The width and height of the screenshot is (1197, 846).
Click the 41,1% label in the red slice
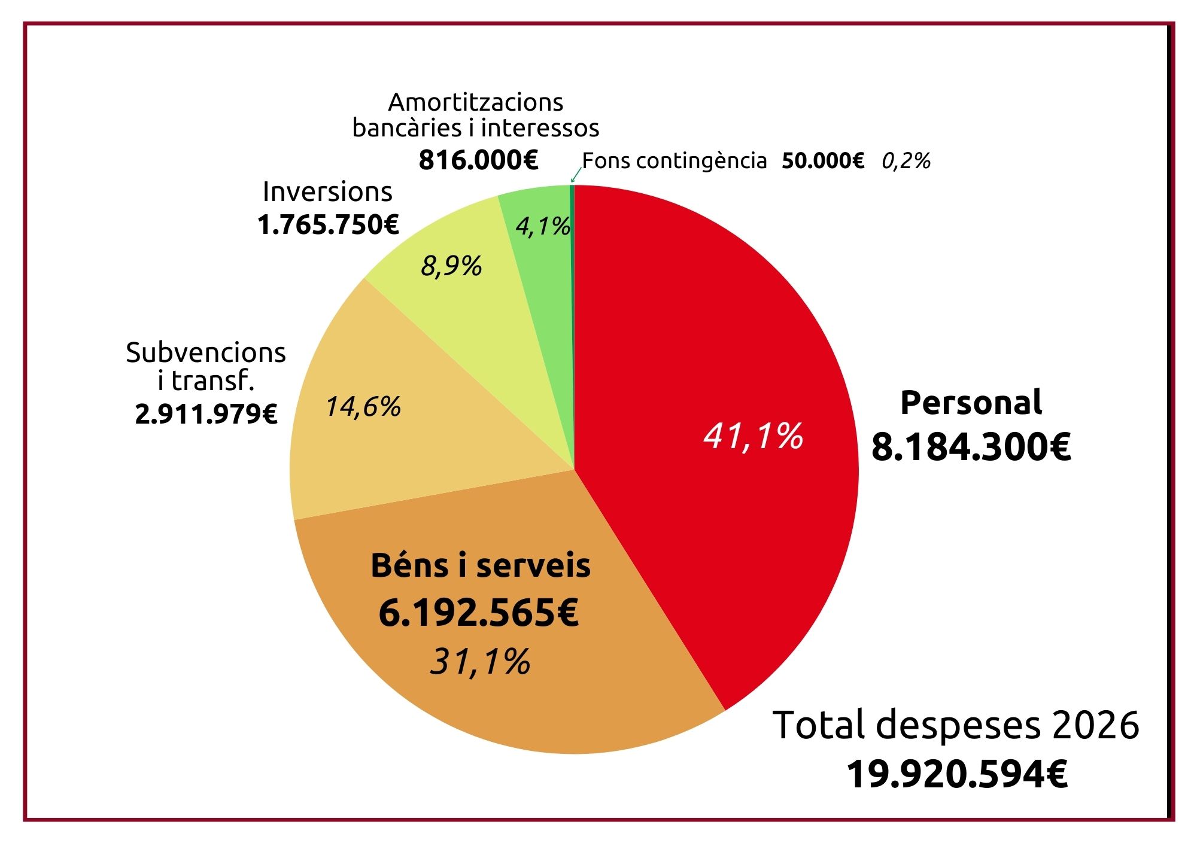pyautogui.click(x=753, y=436)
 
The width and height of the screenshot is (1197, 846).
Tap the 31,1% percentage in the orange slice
pyautogui.click(x=481, y=662)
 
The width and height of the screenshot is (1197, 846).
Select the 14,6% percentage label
pyautogui.click(x=363, y=407)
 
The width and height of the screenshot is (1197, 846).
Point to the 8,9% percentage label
pyautogui.click(x=451, y=266)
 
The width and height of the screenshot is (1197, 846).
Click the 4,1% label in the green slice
pyautogui.click(x=542, y=226)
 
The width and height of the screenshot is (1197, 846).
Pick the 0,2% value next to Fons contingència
pyautogui.click(x=906, y=161)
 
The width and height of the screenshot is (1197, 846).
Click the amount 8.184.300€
pyautogui.click(x=971, y=447)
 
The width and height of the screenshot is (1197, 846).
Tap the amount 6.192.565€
pyautogui.click(x=479, y=613)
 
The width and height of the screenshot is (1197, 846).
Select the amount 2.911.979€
pyautogui.click(x=206, y=414)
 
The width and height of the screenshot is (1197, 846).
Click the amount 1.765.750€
pyautogui.click(x=328, y=225)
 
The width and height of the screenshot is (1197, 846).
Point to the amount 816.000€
pyautogui.click(x=479, y=160)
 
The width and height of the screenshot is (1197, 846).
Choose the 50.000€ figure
pyautogui.click(x=823, y=161)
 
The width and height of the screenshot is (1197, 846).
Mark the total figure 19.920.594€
pyautogui.click(x=957, y=774)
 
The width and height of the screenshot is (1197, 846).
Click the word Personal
pyautogui.click(x=971, y=402)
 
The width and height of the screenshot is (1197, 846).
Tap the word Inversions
pyautogui.click(x=327, y=192)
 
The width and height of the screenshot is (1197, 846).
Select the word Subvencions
pyautogui.click(x=206, y=352)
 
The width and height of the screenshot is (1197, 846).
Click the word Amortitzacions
pyautogui.click(x=476, y=102)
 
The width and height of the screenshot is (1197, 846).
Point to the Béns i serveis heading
pyautogui.click(x=481, y=565)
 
